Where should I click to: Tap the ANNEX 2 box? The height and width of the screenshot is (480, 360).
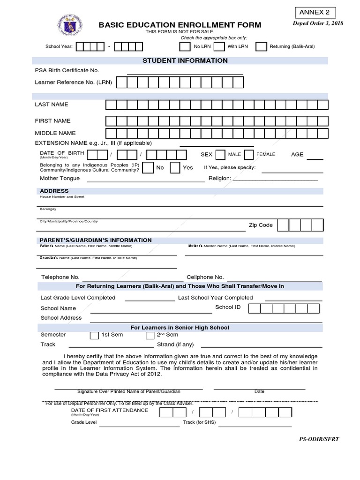(x=315, y=13)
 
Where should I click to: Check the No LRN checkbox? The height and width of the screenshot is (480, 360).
(x=185, y=46)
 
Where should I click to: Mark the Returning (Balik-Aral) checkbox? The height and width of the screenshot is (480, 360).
(x=262, y=46)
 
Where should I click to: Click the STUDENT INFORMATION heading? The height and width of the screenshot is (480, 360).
(x=185, y=60)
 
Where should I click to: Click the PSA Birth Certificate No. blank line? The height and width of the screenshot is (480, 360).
(x=185, y=73)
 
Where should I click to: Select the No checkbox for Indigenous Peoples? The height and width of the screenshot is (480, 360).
(x=148, y=168)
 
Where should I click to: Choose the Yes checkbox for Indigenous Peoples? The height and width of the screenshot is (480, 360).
(x=175, y=168)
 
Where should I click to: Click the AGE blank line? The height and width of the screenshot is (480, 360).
(x=315, y=158)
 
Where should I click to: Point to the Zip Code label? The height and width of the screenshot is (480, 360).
(x=261, y=225)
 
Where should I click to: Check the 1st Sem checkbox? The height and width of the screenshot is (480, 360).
(x=94, y=335)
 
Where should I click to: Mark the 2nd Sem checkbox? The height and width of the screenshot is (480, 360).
(x=150, y=335)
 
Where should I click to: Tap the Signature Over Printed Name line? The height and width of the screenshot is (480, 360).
(x=128, y=389)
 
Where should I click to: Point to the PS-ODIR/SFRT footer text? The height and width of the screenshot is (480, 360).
(x=319, y=439)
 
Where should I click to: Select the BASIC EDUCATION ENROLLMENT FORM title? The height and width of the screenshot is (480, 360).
(x=180, y=25)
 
